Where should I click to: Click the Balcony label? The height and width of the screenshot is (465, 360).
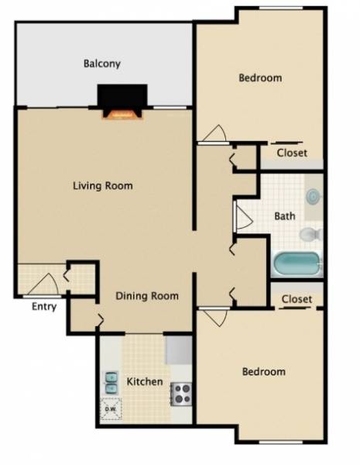[102, 64]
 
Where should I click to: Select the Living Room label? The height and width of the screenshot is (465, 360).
[102, 186]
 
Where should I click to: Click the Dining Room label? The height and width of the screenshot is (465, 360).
[147, 295]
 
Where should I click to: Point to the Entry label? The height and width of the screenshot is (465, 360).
[44, 306]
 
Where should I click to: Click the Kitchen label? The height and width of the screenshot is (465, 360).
[145, 381]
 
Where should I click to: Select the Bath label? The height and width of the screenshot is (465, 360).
[284, 216]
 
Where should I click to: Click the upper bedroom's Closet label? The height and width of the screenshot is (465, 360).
[292, 153]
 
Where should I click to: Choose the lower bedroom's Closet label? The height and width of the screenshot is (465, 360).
[297, 298]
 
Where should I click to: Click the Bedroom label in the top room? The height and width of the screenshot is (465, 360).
[259, 77]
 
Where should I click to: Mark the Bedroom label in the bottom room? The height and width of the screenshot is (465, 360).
[263, 371]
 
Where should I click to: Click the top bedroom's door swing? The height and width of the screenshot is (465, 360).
[212, 133]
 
